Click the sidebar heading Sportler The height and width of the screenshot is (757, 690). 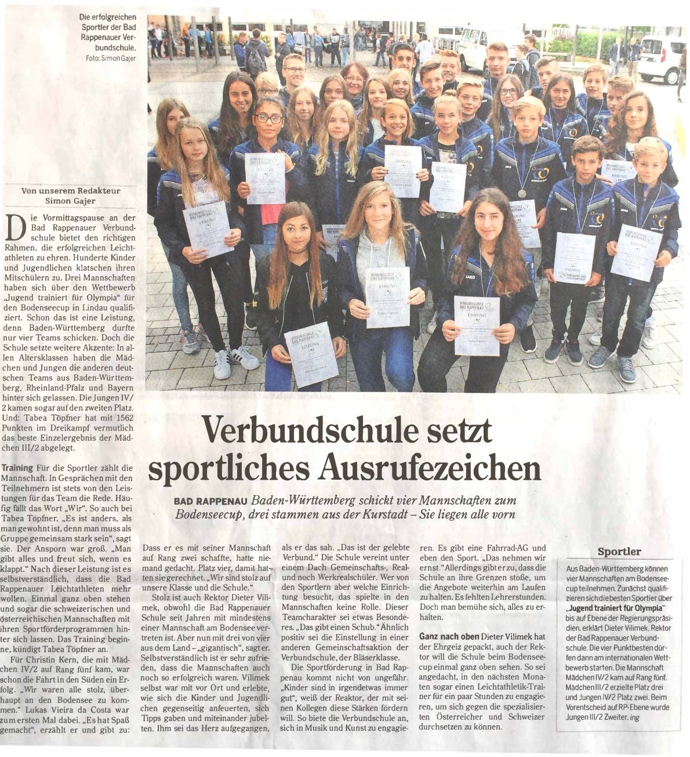click(619, 551)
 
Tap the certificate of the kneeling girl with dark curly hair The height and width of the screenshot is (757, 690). click(476, 325)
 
